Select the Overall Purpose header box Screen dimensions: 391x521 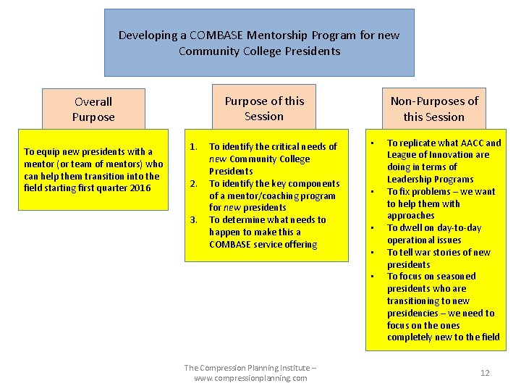click(93, 109)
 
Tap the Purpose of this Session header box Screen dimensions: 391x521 click(264, 109)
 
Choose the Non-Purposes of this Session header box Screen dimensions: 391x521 click(434, 109)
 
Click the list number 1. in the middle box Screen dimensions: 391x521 click(193, 146)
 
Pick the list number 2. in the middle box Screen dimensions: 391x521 click(193, 183)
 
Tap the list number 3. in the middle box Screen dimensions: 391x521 click(193, 219)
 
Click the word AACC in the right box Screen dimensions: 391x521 click(473, 143)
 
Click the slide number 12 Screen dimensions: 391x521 click(485, 373)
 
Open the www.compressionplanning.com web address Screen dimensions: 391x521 click(250, 378)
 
